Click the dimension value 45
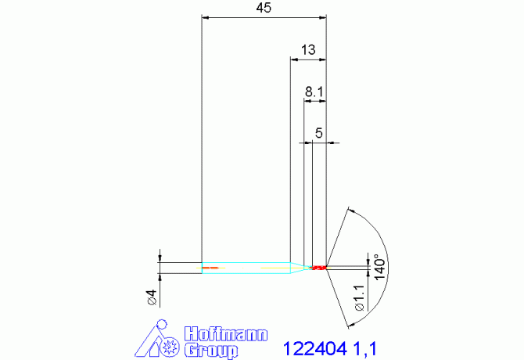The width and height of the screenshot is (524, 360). pyautogui.click(x=263, y=8)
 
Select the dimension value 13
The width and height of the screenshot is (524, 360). pyautogui.click(x=307, y=49)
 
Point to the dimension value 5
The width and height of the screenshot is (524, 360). pyautogui.click(x=319, y=133)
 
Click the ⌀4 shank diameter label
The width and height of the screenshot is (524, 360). pyautogui.click(x=152, y=297)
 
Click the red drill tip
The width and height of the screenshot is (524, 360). pyautogui.click(x=318, y=268)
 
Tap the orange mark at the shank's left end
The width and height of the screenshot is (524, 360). pyautogui.click(x=209, y=268)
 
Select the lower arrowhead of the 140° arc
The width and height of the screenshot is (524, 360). pyautogui.click(x=345, y=322)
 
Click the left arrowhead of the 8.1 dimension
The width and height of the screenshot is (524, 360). pyautogui.click(x=307, y=101)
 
